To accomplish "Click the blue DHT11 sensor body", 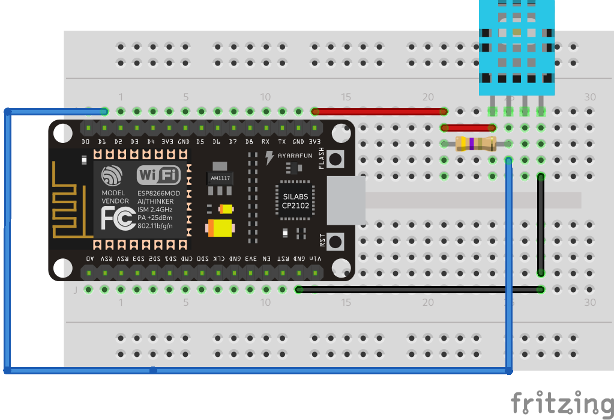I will click(x=516, y=48).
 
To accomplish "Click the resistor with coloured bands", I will click(x=475, y=144).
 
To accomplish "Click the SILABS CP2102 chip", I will click(x=295, y=201).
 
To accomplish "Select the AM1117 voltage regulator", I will click(x=220, y=178).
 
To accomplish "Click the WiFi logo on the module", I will click(x=158, y=175).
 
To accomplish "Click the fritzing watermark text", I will click(x=562, y=403).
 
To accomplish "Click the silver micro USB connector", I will click(x=346, y=201).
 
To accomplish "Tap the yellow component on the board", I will click(x=219, y=228).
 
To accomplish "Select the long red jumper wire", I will click(x=379, y=111).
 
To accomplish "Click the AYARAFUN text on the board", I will click(x=295, y=156).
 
